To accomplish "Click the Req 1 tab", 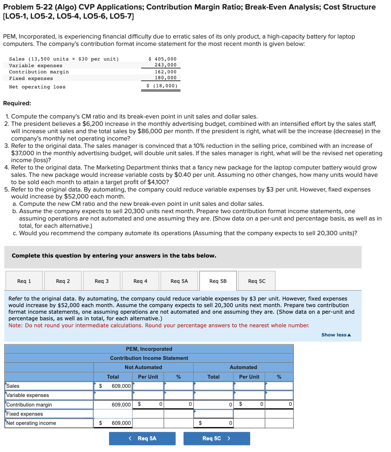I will click(x=24, y=281).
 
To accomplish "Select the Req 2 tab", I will click(x=63, y=281).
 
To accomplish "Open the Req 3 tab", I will click(x=102, y=281).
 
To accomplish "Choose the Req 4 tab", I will click(x=140, y=281).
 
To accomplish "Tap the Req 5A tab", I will click(x=179, y=281).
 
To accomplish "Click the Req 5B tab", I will click(x=218, y=281).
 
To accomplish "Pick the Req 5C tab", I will click(x=257, y=281).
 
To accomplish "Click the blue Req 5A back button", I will click(x=142, y=438).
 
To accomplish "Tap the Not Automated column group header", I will click(x=143, y=367).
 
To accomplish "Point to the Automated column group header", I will click(x=243, y=367).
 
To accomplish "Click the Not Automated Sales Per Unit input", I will click(x=148, y=386).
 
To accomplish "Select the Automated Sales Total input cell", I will click(x=213, y=386).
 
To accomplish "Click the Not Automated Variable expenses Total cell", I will click(x=113, y=395).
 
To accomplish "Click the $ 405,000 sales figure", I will click(x=162, y=59).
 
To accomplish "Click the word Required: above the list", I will click(x=17, y=103).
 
